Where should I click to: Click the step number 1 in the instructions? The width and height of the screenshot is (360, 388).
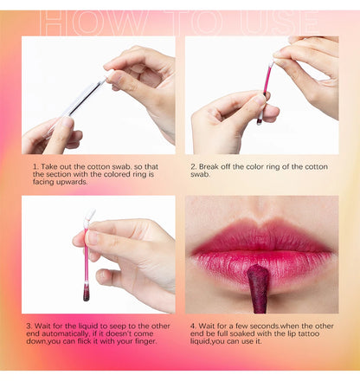[x=35, y=165]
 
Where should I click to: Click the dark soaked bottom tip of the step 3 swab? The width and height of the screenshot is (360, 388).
[x=86, y=292]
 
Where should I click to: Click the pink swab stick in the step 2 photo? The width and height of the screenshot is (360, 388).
[x=264, y=93]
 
